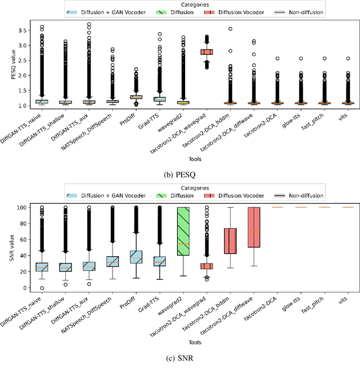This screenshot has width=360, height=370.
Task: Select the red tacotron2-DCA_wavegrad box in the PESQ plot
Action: [x=206, y=52]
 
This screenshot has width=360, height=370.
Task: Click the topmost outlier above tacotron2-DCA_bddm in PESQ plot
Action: [x=230, y=28]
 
